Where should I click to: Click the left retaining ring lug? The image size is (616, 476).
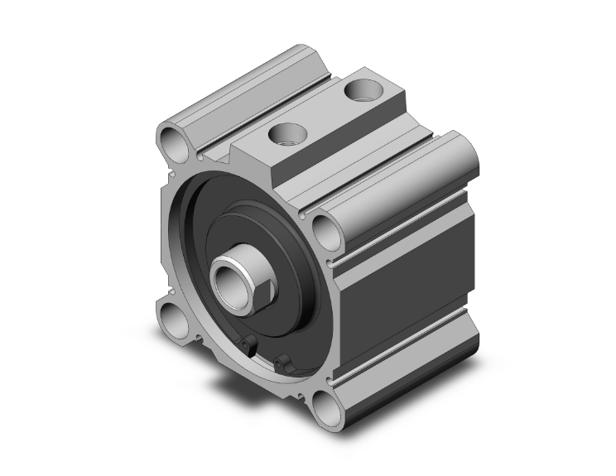[246, 345]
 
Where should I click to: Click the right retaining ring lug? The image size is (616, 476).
[284, 362]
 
